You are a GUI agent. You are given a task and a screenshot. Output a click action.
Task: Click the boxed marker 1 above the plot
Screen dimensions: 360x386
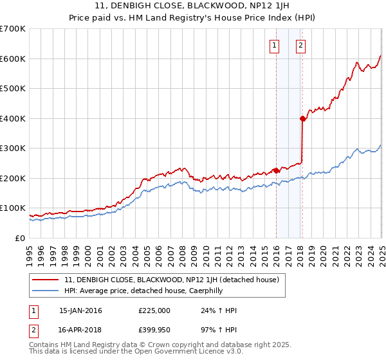(x=275, y=45)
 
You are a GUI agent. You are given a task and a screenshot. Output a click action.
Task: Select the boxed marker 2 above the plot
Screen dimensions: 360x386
(x=300, y=45)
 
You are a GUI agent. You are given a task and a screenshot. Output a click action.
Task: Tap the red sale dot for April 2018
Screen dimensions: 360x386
(x=302, y=118)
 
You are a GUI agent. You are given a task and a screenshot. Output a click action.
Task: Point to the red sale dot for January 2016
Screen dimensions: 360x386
(x=276, y=170)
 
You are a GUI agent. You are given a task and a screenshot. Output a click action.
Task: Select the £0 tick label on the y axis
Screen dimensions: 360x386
(x=21, y=238)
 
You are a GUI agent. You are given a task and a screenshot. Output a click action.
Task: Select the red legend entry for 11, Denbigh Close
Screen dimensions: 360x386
(x=171, y=280)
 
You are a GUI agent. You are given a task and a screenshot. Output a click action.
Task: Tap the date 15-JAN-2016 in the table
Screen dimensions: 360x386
(x=80, y=310)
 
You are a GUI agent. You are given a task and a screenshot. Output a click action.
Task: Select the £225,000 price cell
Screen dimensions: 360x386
(x=154, y=310)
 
